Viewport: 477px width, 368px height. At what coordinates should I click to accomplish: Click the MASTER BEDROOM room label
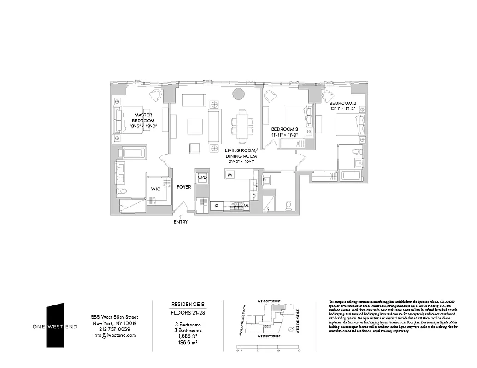tap(143, 120)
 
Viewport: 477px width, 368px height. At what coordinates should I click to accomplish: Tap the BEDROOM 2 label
tap(346, 103)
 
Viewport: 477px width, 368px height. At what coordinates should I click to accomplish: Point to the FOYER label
tap(184, 187)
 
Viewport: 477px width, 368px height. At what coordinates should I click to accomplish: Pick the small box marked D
tap(253, 196)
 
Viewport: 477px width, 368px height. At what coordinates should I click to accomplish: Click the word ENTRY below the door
tap(181, 222)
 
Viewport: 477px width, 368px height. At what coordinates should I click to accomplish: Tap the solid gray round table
tap(238, 94)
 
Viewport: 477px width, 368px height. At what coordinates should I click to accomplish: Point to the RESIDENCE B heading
tap(188, 305)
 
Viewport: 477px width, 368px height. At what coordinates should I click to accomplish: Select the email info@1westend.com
tap(113, 335)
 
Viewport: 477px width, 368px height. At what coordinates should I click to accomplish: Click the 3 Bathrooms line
tap(188, 330)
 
